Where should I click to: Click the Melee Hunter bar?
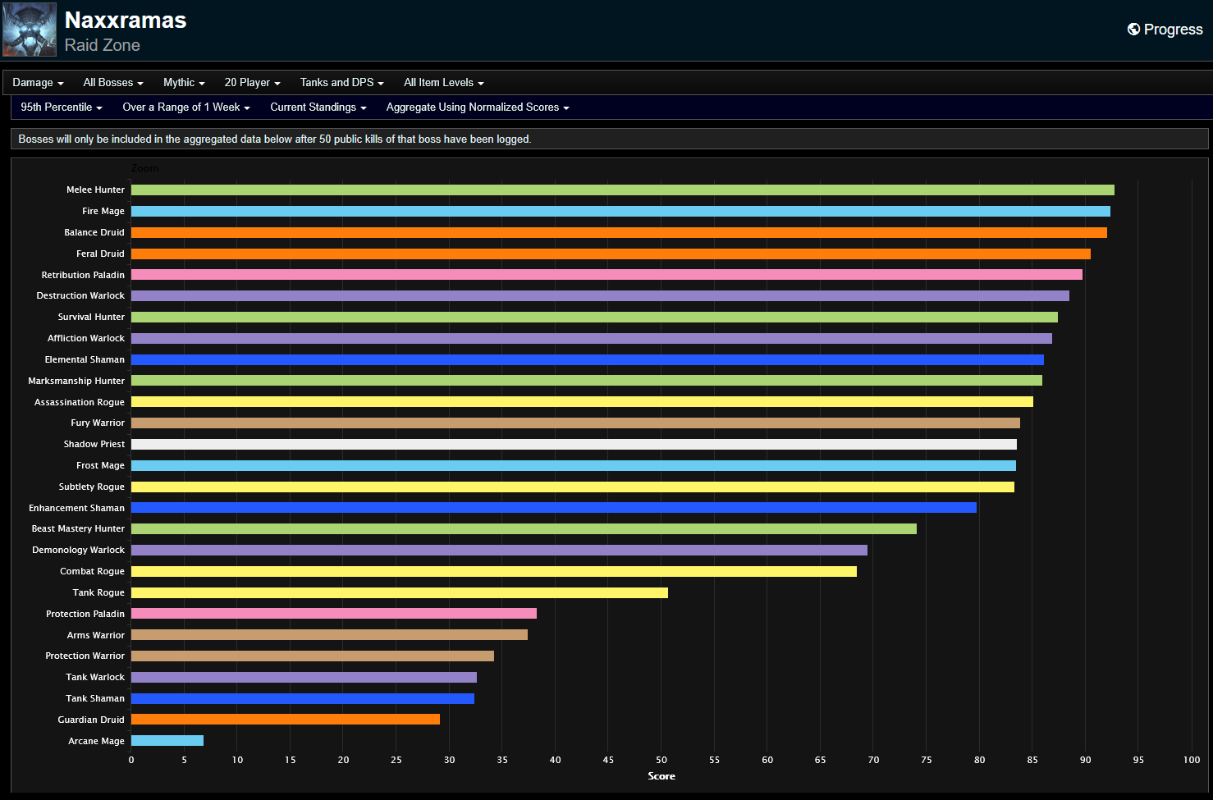point(622,190)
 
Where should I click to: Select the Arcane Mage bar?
point(167,741)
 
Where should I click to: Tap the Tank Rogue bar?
point(399,592)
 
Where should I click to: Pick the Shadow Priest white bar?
point(574,444)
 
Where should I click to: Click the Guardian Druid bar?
point(285,720)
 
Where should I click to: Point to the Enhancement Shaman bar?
point(553,508)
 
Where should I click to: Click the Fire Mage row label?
point(103,212)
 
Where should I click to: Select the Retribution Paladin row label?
point(83,275)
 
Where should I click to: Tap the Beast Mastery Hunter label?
point(78,529)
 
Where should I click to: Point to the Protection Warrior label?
point(85,656)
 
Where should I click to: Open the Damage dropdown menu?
point(38,83)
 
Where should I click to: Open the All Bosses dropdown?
point(112,83)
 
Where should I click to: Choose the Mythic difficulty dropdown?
point(184,83)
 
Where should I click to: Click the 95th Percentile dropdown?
point(62,107)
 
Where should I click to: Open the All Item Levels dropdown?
point(443,83)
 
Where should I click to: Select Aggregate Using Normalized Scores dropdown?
point(477,107)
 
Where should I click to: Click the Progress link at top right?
point(1165,30)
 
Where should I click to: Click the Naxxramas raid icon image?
point(30,30)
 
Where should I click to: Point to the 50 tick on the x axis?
point(661,760)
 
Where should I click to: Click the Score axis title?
point(661,776)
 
